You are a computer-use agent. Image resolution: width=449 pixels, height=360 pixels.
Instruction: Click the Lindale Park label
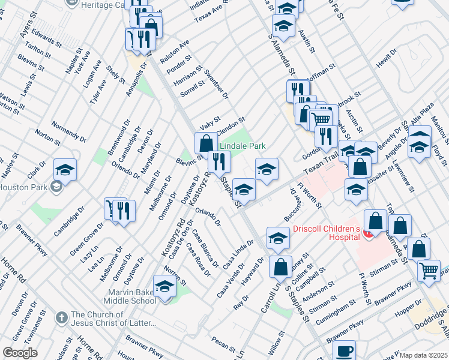[242, 146]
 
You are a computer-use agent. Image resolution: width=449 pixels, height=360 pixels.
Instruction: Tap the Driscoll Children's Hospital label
[326, 232]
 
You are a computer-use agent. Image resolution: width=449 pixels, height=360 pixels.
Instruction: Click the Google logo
[20, 353]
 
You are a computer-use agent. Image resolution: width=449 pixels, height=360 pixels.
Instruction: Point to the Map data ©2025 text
[423, 355]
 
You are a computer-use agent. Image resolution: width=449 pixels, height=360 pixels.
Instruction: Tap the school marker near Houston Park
[65, 170]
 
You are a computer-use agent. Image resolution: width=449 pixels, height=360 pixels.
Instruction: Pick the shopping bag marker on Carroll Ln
[280, 267]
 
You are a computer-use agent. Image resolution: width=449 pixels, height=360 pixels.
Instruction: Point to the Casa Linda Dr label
[238, 255]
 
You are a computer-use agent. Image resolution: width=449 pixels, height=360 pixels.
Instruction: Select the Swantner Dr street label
[216, 83]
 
